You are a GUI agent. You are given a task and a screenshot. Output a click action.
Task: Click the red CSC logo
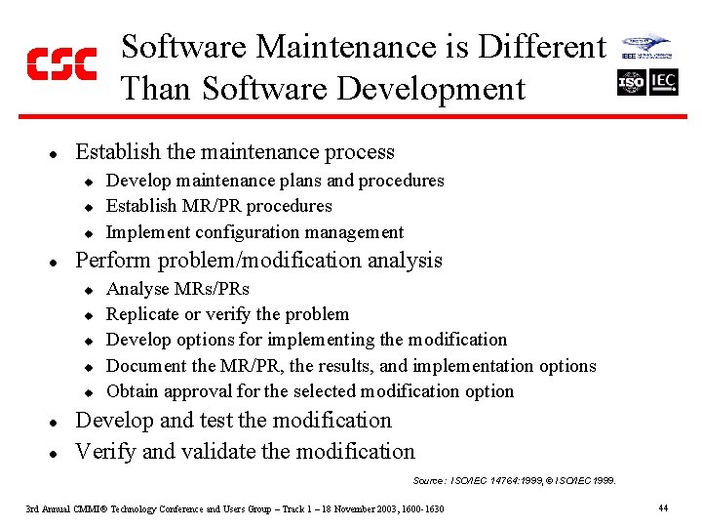click(60, 63)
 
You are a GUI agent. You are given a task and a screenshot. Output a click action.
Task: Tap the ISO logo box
click(631, 83)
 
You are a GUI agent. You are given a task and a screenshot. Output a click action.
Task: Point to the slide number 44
click(663, 508)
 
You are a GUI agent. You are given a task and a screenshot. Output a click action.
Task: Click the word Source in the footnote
click(428, 481)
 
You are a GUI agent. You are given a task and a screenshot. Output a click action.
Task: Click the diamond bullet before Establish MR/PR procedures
click(87, 207)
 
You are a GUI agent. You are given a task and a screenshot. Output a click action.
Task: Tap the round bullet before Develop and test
click(55, 423)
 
